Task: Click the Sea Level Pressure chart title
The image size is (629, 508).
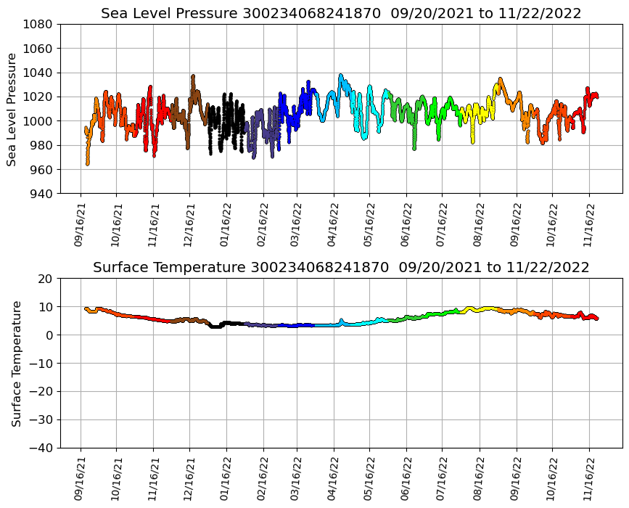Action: (341, 14)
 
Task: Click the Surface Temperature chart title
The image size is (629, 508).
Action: (341, 268)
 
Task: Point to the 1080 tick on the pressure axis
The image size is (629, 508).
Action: (38, 24)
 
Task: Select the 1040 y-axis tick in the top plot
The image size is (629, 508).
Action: (38, 73)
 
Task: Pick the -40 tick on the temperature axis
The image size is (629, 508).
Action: (41, 448)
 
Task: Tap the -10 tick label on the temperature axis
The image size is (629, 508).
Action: (41, 363)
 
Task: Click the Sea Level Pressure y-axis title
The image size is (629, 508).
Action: (12, 109)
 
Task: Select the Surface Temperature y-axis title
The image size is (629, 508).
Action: (16, 363)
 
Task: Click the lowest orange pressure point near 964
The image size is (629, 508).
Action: (88, 164)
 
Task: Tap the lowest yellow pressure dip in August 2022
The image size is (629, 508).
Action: (472, 142)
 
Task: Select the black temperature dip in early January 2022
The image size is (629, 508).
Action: (215, 327)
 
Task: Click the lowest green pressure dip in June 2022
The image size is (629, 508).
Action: (414, 148)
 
